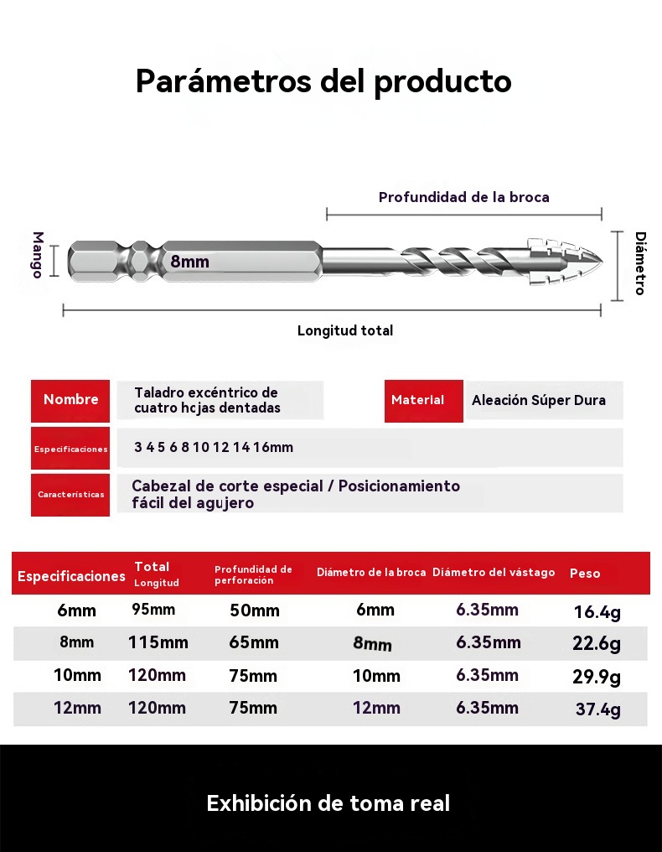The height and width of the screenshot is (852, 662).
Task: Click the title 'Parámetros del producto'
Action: (323, 81)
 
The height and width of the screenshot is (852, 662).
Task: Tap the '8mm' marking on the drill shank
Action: (190, 262)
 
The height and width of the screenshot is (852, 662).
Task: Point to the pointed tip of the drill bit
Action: (597, 261)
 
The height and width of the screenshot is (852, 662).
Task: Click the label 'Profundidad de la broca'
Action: (463, 197)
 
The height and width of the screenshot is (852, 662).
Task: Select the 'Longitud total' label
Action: (344, 330)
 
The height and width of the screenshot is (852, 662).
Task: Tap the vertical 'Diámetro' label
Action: (639, 263)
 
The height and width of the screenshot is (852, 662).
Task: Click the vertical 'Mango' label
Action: (38, 255)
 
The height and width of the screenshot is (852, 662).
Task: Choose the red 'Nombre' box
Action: (70, 400)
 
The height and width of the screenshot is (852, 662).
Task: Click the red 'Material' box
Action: (424, 400)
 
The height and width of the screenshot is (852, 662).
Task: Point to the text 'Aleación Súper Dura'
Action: (538, 400)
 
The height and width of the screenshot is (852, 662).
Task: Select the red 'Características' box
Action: (70, 495)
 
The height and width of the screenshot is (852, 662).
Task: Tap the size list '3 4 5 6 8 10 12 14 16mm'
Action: (214, 447)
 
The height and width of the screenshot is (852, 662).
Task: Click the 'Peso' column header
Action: (585, 574)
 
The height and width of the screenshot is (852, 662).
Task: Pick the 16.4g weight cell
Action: (597, 612)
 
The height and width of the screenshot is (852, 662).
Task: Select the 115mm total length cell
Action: (158, 643)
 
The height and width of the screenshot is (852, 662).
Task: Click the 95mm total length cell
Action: (153, 610)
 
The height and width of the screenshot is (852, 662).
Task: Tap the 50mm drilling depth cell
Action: (254, 610)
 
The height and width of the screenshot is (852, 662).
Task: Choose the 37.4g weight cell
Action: (597, 709)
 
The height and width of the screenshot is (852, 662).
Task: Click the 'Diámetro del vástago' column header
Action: (494, 573)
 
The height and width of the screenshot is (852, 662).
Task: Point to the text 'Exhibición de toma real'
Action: (328, 803)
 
